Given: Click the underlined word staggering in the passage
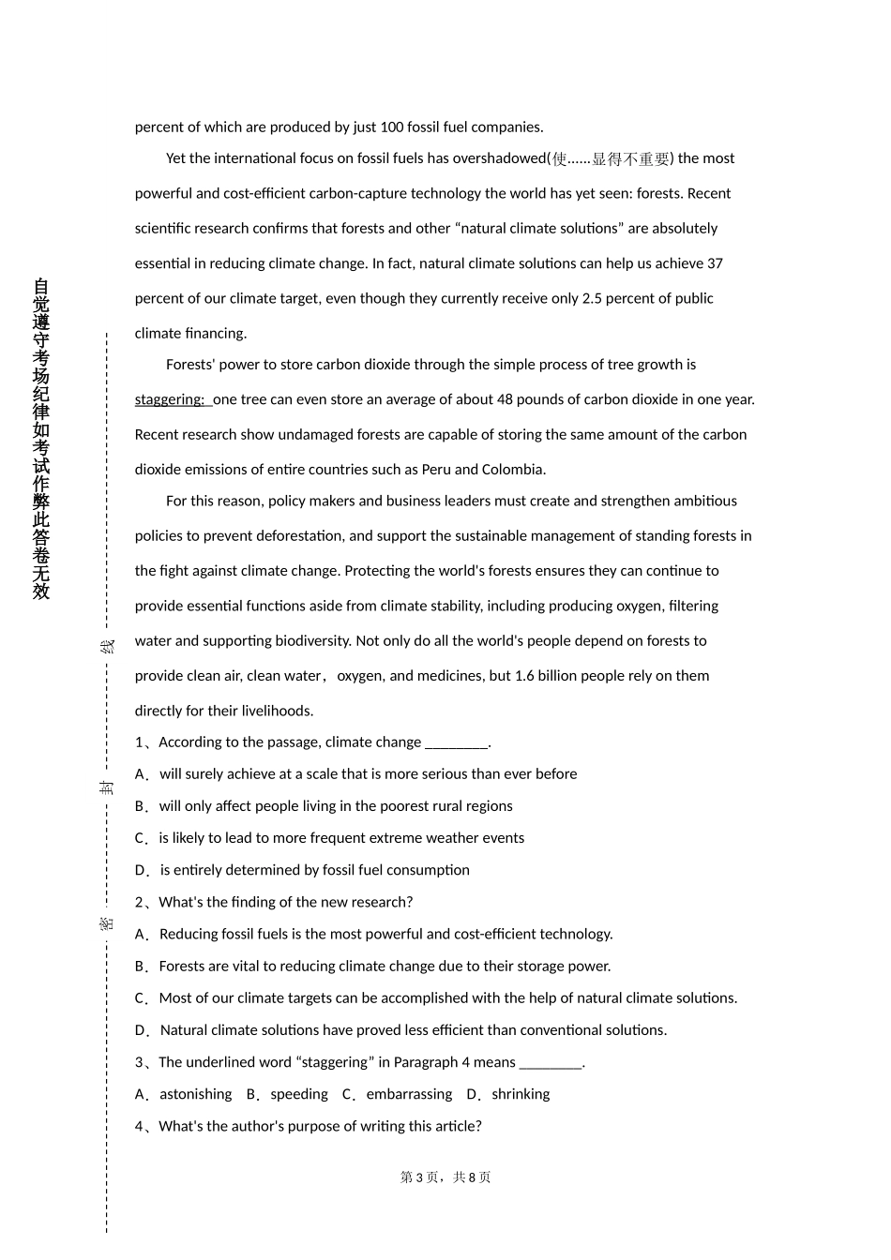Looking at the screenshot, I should pyautogui.click(x=169, y=399).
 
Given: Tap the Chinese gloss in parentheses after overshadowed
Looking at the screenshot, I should pyautogui.click(x=611, y=158).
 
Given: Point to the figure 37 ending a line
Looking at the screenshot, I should pyautogui.click(x=715, y=263).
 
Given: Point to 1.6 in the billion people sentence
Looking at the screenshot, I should pyautogui.click(x=525, y=676).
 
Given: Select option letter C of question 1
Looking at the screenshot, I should pyautogui.click(x=141, y=838).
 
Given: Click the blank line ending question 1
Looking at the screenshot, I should pyautogui.click(x=457, y=743).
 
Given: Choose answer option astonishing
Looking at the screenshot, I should pyautogui.click(x=195, y=1094).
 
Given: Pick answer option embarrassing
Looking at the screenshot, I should pyautogui.click(x=409, y=1094).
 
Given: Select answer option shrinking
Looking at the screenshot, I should pyautogui.click(x=521, y=1094).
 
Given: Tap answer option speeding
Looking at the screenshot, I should pyautogui.click(x=299, y=1094).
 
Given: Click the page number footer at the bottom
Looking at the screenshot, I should pyautogui.click(x=445, y=1177).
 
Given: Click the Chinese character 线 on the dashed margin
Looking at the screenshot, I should pyautogui.click(x=108, y=646).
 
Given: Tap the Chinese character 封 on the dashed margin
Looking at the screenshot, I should pyautogui.click(x=108, y=787).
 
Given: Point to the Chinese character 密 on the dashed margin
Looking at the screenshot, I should pyautogui.click(x=108, y=922).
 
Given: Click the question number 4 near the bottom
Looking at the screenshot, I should pyautogui.click(x=140, y=1127).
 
